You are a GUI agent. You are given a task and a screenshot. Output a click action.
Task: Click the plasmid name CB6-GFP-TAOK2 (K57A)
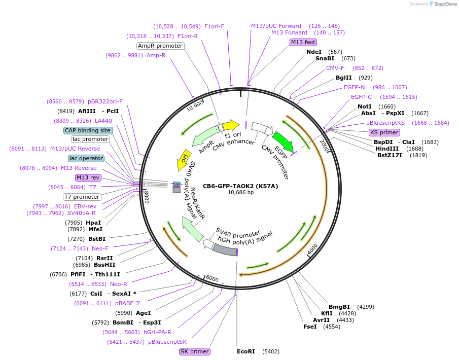coord(240,186)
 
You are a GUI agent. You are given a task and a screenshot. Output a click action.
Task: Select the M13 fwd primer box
coord(303,42)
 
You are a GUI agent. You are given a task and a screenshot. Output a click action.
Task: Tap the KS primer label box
coord(384,132)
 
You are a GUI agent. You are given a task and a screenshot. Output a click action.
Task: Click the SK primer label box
coord(195,351)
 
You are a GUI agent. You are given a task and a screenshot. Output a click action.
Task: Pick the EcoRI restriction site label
coord(246,351)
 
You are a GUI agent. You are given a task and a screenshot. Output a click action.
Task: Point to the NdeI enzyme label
coord(314,52)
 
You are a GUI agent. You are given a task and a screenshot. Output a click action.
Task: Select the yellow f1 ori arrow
coord(231,125)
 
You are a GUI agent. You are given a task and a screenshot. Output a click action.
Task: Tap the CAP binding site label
coord(88,130)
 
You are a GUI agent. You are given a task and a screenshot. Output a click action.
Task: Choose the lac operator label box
coord(86,158)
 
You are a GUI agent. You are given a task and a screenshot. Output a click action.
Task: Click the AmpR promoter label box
coord(160,46)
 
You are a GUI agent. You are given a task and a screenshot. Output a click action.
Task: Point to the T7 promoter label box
coord(82,197)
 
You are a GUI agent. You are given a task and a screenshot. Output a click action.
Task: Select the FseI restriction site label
coord(310,327)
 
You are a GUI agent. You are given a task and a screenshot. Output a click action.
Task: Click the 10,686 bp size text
coord(240,193)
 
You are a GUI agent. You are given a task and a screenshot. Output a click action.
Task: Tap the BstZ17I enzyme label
coord(390,155)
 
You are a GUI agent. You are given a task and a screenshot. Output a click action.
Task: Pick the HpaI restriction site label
coord(93,223)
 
